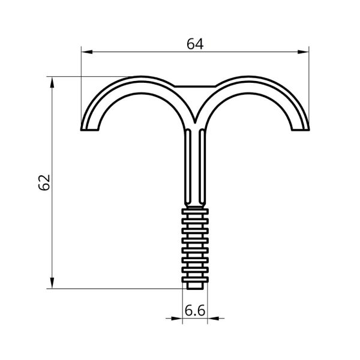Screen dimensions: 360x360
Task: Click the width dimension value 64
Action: [195, 44]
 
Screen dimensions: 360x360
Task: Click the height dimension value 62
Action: [44, 182]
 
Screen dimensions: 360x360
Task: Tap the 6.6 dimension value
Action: [195, 311]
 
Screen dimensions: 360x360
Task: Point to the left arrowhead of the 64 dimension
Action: [87, 52]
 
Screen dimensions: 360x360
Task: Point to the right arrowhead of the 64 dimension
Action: [303, 52]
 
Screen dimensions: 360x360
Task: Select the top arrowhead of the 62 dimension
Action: [52, 82]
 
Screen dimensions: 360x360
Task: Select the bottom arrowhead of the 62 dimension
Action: [52, 283]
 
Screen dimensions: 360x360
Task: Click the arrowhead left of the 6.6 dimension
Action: [177, 319]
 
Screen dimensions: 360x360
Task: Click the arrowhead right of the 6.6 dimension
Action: [213, 319]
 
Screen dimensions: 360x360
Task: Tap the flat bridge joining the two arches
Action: [195, 86]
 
